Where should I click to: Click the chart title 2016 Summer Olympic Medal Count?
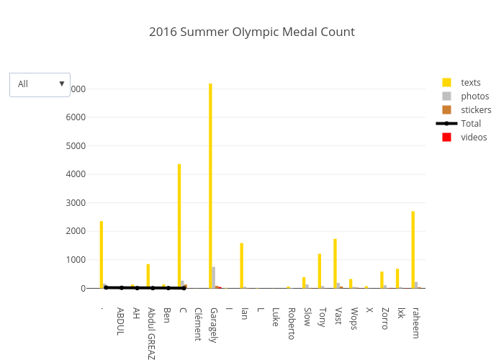coord(252,32)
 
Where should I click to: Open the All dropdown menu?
coord(40,84)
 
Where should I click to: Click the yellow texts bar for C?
coord(179,226)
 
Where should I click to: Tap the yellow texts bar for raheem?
coord(413,249)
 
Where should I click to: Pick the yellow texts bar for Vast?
coord(335,263)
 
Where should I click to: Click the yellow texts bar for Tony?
coord(319,271)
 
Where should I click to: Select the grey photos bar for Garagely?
coord(214,277)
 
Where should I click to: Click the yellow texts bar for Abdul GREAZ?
coord(148,276)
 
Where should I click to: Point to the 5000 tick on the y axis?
coord(75,145)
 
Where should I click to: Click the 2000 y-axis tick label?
coord(75,231)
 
